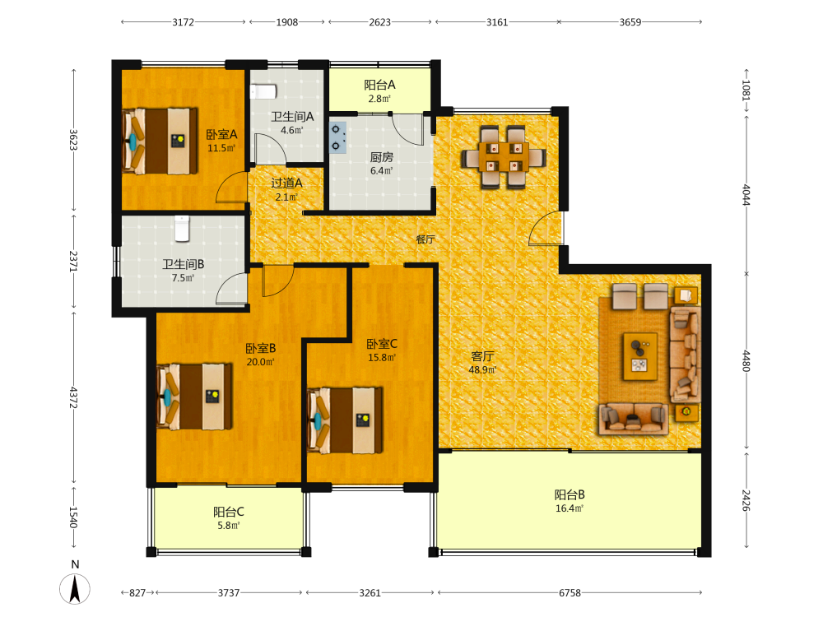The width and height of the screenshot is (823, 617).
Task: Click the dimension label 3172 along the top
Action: pos(184,22)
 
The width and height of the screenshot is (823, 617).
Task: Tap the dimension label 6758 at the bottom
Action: pos(570,593)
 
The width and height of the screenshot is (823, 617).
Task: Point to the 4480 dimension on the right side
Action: pos(746,361)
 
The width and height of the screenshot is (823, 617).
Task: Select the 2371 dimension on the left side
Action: pos(73,261)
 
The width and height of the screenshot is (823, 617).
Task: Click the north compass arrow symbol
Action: pos(75,589)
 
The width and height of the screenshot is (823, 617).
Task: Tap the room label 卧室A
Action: pos(221,135)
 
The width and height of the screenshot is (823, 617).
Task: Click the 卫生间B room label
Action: pos(184,264)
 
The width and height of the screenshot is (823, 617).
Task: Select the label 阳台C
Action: pos(228,512)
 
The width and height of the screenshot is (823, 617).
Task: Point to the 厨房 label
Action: pos(382,157)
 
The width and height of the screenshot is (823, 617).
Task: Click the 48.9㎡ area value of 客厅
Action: pos(482,370)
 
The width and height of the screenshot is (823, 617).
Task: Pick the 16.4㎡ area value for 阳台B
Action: pos(570,508)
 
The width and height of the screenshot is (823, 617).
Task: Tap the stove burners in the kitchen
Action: pos(337,137)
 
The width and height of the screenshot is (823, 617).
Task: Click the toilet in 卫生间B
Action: pos(182,229)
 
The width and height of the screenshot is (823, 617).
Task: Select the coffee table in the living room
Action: pos(640,356)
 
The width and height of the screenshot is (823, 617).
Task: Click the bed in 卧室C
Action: pos(345,420)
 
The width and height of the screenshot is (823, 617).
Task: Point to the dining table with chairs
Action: pos(504,157)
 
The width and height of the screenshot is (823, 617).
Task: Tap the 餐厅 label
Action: pos(425,239)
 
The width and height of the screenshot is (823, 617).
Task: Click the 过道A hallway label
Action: pos(286,183)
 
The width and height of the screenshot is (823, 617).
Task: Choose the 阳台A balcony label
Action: pos(379,85)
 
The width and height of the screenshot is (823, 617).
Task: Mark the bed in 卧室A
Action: pos(160,141)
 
